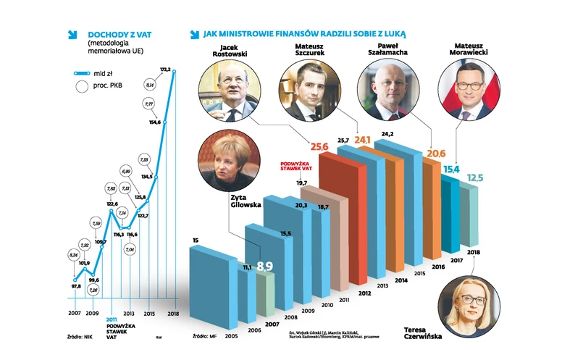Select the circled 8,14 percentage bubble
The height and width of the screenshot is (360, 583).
(x=151, y=85)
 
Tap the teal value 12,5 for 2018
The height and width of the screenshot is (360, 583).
(x=474, y=178)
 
